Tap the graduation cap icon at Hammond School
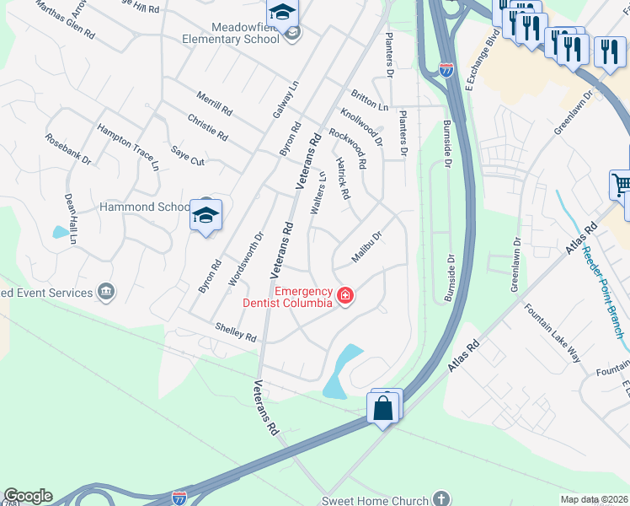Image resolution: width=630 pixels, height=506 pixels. coord(206,216)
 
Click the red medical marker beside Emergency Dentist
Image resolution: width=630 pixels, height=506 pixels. coord(344,295)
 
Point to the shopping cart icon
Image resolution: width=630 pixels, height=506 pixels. coord(622,184)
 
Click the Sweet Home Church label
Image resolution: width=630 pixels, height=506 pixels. coord(381,500)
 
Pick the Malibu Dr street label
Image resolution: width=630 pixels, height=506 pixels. coord(367,246)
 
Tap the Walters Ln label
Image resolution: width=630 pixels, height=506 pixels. coord(318,193)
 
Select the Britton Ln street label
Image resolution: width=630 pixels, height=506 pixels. coord(371,101)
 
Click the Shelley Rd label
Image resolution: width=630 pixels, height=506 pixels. coord(235,332)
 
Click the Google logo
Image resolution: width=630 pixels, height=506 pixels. coord(28,496)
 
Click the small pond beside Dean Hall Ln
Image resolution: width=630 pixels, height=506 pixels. coord(60,232)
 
